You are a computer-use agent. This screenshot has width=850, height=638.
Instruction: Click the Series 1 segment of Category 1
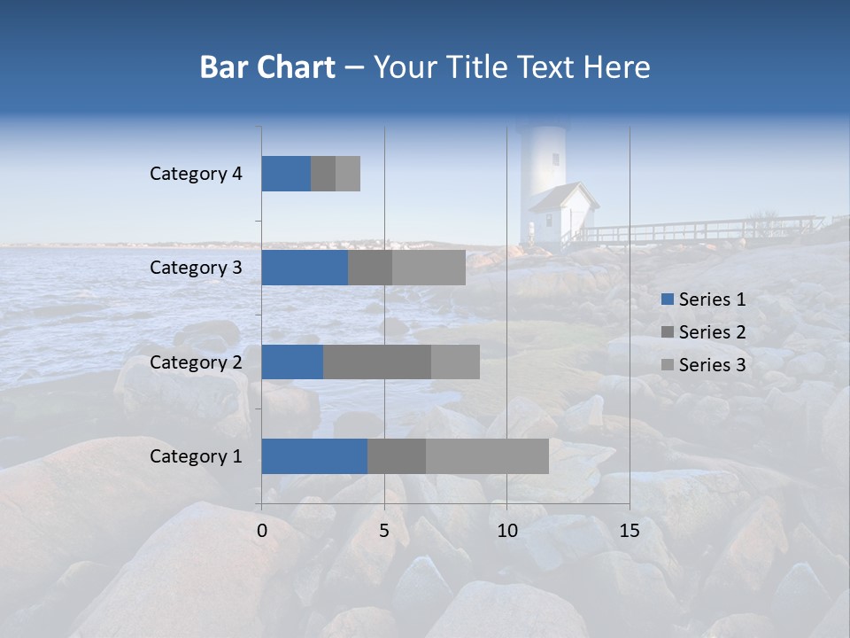click(x=314, y=456)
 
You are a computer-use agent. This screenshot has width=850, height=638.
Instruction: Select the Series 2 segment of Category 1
click(x=397, y=456)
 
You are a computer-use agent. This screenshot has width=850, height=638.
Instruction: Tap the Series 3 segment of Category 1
click(x=487, y=456)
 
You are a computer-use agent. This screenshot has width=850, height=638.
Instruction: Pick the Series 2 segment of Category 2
click(x=377, y=362)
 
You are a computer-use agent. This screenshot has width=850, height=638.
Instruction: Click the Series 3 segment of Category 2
click(x=455, y=362)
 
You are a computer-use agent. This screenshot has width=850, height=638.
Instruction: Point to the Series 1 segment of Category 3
click(x=305, y=268)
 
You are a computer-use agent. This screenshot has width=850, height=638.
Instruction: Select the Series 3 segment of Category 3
click(x=429, y=268)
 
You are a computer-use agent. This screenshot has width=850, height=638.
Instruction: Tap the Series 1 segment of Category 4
click(x=286, y=174)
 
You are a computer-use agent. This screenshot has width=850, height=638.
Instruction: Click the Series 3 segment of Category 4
click(x=348, y=174)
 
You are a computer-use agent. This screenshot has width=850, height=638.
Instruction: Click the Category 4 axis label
click(x=196, y=174)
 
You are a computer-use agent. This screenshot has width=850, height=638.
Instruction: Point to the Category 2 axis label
click(x=196, y=362)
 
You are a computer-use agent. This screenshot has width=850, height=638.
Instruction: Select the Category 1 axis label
click(x=196, y=456)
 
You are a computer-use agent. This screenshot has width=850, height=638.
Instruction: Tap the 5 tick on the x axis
click(x=384, y=531)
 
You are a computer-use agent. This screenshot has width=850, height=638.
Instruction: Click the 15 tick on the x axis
click(x=630, y=531)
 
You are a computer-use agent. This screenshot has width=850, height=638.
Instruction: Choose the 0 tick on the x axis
click(x=262, y=531)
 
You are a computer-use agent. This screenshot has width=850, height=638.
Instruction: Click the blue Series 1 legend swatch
click(x=667, y=300)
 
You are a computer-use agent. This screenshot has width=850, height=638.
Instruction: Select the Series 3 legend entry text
click(x=712, y=365)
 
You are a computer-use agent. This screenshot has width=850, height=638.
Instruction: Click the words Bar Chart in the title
click(x=267, y=67)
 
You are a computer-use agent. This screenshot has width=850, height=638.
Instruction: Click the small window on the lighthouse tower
click(x=556, y=159)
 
